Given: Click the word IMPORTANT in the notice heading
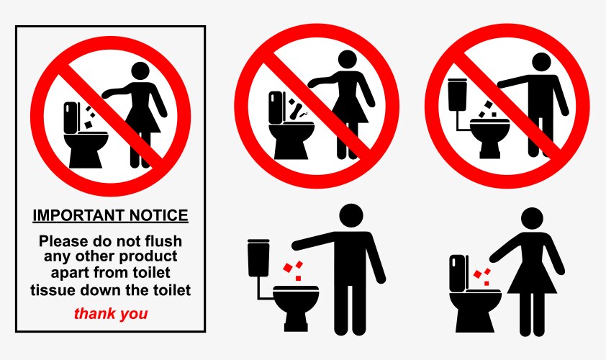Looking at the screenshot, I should pos(71,215).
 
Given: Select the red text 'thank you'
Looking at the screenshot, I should pos(111,314).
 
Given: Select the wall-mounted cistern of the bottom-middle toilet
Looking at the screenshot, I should pos(258,257).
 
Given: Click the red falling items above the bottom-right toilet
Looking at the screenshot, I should pos(483,275).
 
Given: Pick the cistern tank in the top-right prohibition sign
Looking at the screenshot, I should pos(455,94).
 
